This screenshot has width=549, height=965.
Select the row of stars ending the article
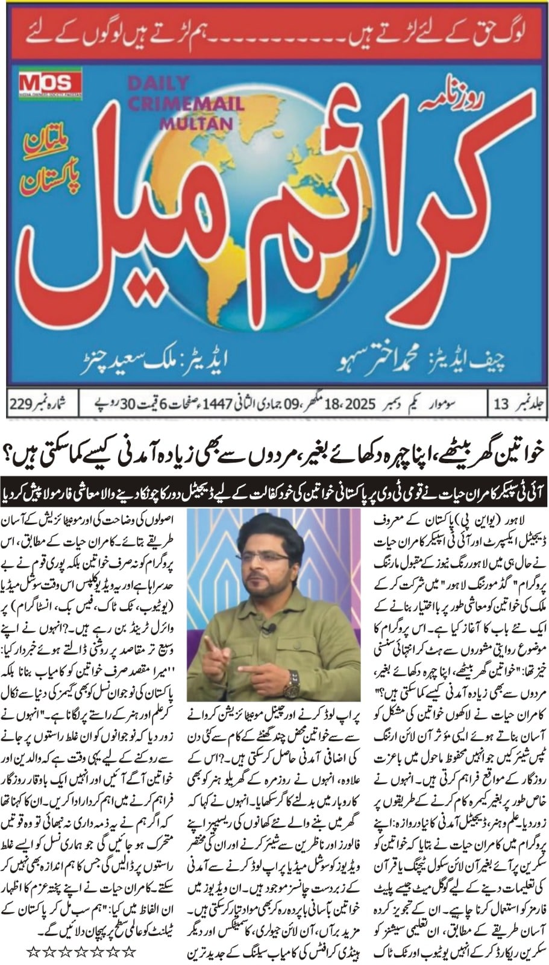coord(82,952)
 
